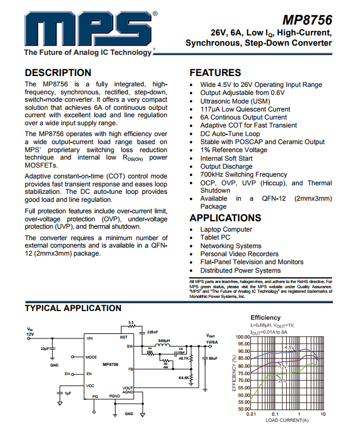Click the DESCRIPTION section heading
(x=58, y=73)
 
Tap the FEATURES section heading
(x=215, y=73)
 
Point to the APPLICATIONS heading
(x=225, y=218)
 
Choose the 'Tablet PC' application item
(x=215, y=237)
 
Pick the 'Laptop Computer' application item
(x=226, y=229)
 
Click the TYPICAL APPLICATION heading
(x=73, y=309)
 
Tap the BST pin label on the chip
(x=123, y=337)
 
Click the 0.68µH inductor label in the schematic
(x=164, y=341)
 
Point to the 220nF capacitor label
(x=152, y=332)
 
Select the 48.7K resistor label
(x=184, y=358)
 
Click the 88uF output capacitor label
(x=213, y=359)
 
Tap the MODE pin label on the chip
(x=91, y=357)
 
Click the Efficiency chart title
(x=265, y=317)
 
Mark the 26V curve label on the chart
(x=282, y=380)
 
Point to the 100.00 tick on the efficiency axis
(x=243, y=337)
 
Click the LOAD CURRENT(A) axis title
(x=286, y=420)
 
